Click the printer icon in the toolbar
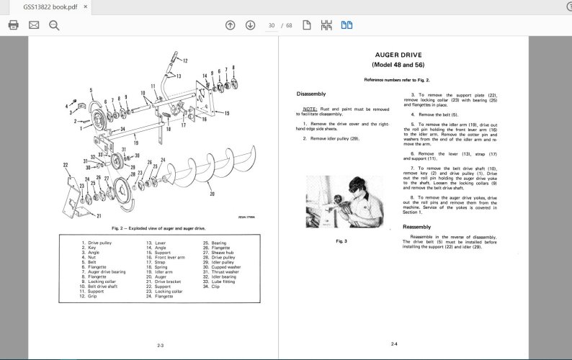(13, 25)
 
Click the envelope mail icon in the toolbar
(33, 25)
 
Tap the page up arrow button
(230, 25)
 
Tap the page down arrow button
(250, 25)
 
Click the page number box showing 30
(272, 25)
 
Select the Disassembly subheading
(310, 94)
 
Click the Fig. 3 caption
(341, 241)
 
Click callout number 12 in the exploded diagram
(184, 60)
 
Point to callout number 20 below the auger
(211, 194)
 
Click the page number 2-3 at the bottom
(160, 346)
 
